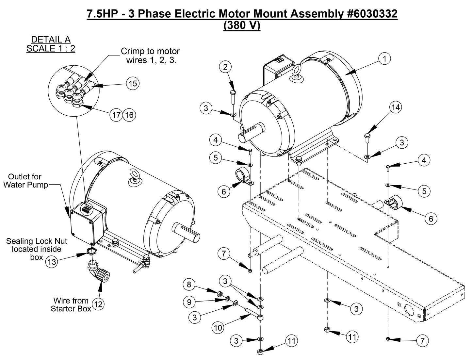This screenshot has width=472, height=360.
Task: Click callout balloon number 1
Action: [x=385, y=59]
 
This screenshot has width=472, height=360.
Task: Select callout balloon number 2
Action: [x=225, y=67]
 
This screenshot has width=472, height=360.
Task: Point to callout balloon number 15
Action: [x=133, y=84]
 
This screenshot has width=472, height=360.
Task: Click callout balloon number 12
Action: [x=98, y=304]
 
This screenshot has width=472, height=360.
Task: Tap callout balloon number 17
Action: [x=116, y=115]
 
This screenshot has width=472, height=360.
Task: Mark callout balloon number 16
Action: [x=129, y=115]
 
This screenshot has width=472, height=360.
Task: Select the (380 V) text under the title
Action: [x=242, y=25]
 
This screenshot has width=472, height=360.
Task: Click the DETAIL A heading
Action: [x=51, y=40]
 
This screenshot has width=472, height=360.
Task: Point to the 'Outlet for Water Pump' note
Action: [x=25, y=181]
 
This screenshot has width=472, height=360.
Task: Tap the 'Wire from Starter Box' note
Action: [x=71, y=304]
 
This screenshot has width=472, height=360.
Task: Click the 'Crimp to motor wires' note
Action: [x=150, y=56]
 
